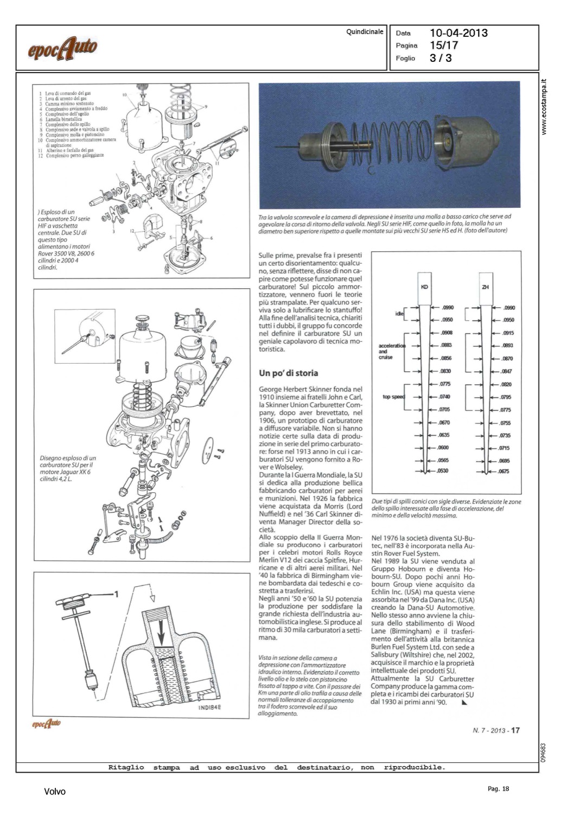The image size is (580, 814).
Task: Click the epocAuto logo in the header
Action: [62, 49]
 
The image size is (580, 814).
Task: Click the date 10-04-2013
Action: [458, 33]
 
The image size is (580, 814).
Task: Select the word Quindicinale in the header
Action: [365, 31]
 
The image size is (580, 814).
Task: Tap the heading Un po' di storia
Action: [288, 373]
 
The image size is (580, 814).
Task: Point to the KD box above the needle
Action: [424, 287]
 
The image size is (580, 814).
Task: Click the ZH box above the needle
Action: [485, 287]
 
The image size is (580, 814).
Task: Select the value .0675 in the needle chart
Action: [505, 472]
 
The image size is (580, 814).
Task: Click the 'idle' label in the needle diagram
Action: [399, 314]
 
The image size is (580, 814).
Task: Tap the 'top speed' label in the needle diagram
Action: [393, 397]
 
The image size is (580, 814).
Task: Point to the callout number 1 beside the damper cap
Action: [116, 594]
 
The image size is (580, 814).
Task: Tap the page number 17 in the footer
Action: [515, 730]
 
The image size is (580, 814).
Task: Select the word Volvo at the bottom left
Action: [55, 792]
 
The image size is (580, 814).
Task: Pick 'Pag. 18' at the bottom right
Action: [499, 789]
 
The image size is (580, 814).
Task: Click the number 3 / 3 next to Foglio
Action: [441, 58]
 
